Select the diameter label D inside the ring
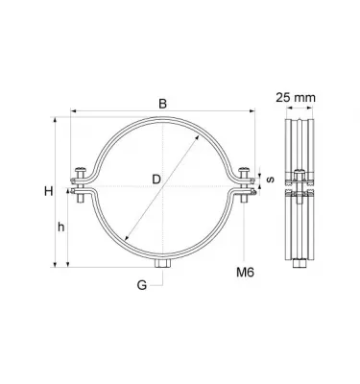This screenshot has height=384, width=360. click(156, 179)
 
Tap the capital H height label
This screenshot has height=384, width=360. click(47, 192)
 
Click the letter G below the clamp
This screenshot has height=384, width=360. click(142, 285)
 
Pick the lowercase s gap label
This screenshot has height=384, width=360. click(270, 179)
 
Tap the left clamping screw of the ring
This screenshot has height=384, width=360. click(80, 186)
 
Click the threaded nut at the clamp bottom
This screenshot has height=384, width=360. click(161, 261)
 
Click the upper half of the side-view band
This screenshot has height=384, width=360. click(300, 144)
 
